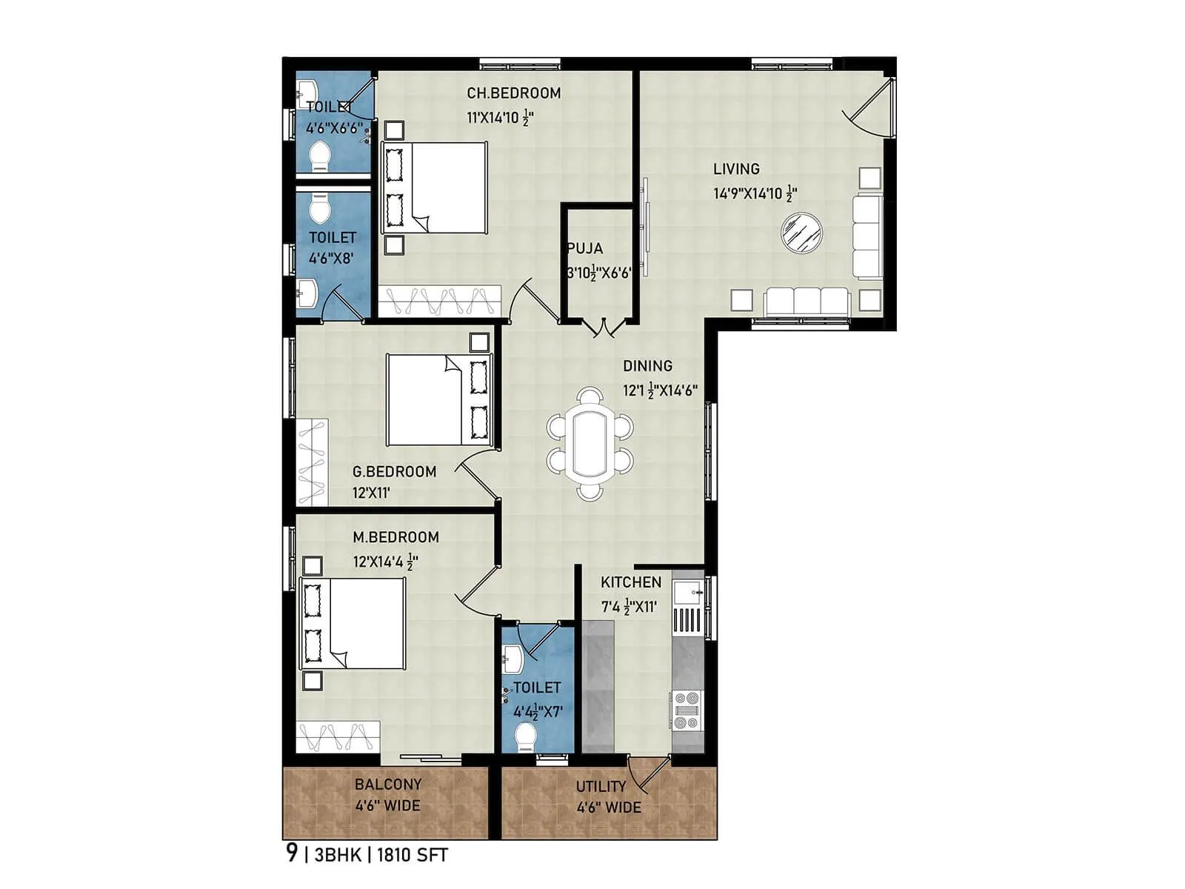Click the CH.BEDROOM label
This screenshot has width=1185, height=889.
click(513, 93)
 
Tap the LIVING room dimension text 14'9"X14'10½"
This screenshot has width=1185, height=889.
click(754, 194)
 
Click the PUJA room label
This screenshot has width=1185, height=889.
click(585, 249)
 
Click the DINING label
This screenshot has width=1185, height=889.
click(647, 366)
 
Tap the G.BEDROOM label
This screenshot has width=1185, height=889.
click(394, 472)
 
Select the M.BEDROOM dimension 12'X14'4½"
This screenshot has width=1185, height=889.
click(385, 562)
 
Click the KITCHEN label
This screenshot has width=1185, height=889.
click(631, 583)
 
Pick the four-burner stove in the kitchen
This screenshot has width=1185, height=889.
click(687, 710)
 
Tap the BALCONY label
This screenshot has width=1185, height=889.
click(387, 785)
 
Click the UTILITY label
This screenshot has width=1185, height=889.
click(601, 786)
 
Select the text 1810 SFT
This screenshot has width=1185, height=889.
click(413, 855)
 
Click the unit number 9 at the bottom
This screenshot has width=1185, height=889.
click(292, 853)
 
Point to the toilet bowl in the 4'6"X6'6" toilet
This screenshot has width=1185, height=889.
click(319, 156)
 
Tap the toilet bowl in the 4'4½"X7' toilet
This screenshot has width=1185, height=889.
click(525, 737)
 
